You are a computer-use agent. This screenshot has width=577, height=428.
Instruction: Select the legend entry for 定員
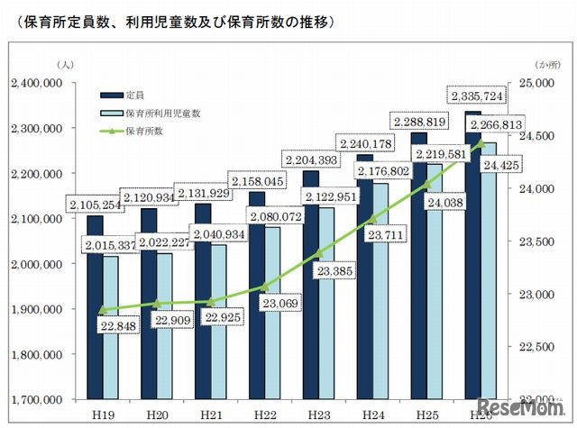click(x=135, y=93)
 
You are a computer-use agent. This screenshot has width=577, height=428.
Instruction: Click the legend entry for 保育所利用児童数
click(x=161, y=114)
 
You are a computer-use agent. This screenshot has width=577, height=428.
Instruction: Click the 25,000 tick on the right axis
click(x=540, y=83)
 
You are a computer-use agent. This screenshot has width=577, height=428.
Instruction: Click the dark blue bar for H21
click(x=203, y=306)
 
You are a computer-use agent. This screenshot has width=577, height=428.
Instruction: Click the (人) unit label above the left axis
click(x=65, y=65)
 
